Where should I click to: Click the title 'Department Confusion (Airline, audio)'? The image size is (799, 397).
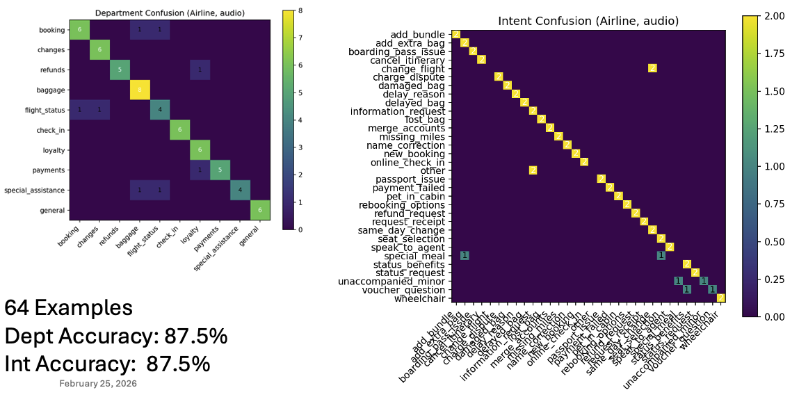[x=170, y=13]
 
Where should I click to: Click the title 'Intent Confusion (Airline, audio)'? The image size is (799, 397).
[x=588, y=22]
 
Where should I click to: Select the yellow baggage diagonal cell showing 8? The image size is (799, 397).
[x=140, y=90]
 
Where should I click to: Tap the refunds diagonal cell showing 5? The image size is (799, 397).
[x=120, y=70]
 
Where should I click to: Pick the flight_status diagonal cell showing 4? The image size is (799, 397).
[x=160, y=110]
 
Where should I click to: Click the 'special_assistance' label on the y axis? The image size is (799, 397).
[x=35, y=190]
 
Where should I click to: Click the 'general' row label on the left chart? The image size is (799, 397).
[x=51, y=210]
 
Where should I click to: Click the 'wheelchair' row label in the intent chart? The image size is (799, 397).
[x=420, y=299]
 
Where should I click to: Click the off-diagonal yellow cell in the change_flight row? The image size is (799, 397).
[x=652, y=68]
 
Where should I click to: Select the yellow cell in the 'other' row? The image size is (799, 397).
[x=533, y=170]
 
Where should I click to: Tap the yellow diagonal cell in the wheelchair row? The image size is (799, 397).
[x=721, y=298]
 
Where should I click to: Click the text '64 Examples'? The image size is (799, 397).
[x=68, y=307]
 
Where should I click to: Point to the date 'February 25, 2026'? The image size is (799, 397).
[x=98, y=383]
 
